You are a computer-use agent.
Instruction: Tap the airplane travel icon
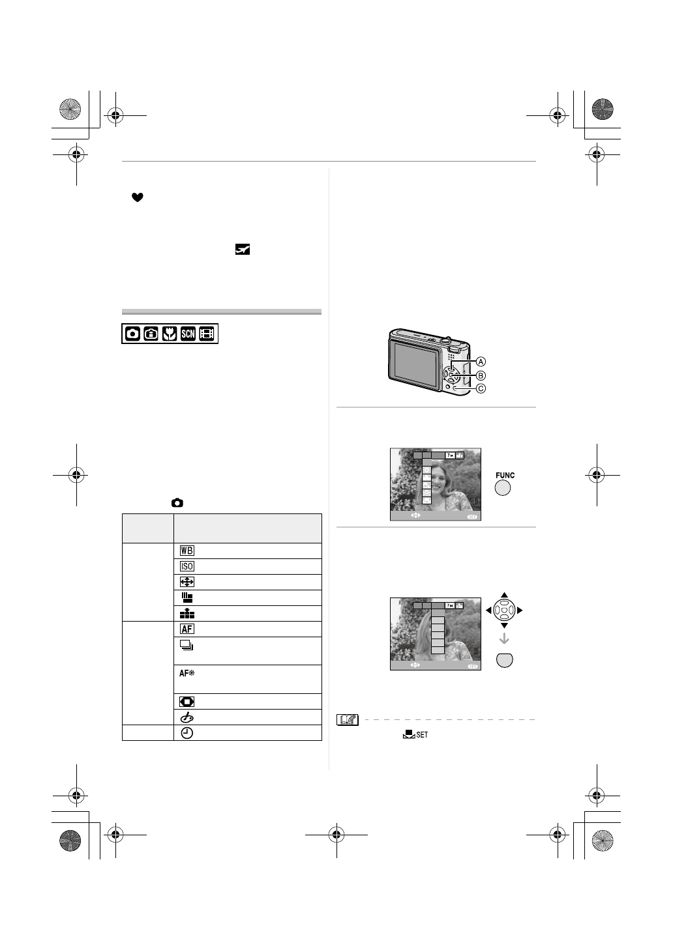pos(243,249)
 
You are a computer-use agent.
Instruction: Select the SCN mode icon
pos(188,334)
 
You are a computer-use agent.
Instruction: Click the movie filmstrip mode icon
pos(207,334)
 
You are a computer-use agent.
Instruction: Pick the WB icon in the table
pos(187,551)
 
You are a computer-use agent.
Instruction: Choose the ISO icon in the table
pos(187,566)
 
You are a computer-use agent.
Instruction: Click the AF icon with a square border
pos(187,629)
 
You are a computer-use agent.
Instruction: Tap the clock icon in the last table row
pos(187,732)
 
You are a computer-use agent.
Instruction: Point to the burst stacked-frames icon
pos(187,646)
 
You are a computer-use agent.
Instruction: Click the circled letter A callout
pos(481,361)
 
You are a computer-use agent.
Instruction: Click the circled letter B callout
pos(481,375)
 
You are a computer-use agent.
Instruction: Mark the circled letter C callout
pos(481,389)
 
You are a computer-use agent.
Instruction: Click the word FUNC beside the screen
pos(504,476)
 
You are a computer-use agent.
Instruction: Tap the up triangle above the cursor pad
pos(504,595)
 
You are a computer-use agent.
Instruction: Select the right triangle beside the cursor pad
pos(520,611)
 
